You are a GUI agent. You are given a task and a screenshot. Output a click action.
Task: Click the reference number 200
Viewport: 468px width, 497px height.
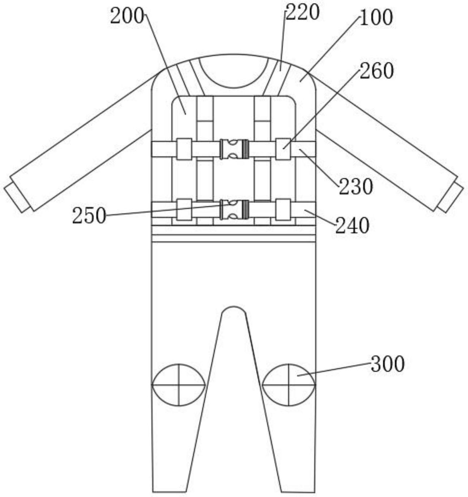127,17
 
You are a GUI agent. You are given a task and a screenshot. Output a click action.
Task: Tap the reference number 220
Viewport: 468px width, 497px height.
303,13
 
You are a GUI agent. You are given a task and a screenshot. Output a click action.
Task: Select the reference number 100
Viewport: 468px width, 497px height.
376,17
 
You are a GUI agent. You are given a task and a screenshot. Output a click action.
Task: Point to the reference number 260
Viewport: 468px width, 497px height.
376,71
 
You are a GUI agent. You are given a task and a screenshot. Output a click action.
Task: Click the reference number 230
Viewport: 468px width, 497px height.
356,187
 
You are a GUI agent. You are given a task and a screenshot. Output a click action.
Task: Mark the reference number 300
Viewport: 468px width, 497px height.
387,364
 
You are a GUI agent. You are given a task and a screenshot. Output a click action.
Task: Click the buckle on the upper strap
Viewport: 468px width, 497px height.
234,149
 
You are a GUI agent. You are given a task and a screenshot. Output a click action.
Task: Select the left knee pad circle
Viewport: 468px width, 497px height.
179,385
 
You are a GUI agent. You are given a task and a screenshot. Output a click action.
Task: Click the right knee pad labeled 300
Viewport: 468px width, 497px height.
289,385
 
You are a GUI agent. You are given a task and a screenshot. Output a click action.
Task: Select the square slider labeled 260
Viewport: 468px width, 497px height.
283,149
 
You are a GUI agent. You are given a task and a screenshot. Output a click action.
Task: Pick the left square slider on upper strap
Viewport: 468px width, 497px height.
184,149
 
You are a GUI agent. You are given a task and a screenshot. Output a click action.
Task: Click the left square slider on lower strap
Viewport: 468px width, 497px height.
184,209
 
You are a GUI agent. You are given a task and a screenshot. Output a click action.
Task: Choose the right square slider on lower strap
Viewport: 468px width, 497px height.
283,209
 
